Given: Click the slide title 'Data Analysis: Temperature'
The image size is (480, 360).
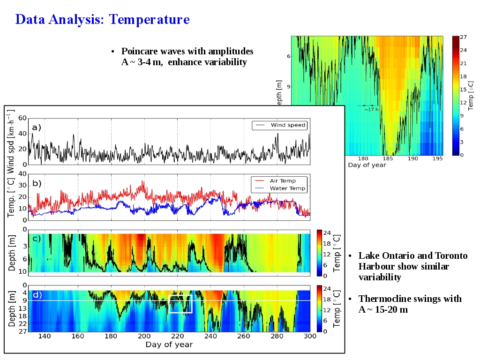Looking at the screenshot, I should pyautogui.click(x=102, y=20).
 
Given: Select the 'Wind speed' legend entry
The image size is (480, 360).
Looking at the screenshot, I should pyautogui.click(x=288, y=125).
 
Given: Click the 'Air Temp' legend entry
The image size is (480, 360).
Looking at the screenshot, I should pyautogui.click(x=282, y=180).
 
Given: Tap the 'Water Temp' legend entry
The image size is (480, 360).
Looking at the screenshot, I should pyautogui.click(x=287, y=188).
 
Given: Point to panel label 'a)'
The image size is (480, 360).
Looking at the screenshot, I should pyautogui.click(x=37, y=127).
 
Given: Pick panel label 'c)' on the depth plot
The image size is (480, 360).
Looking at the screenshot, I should pyautogui.click(x=37, y=238).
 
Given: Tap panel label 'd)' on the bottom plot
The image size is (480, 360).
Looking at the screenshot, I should pyautogui.click(x=37, y=295).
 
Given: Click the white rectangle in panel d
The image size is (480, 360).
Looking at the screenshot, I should pyautogui.click(x=180, y=304).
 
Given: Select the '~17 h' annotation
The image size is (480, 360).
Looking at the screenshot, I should pyautogui.click(x=371, y=109).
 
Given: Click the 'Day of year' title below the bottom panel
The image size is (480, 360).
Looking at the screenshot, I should pyautogui.click(x=169, y=345).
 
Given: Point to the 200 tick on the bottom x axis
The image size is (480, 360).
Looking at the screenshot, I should pyautogui.click(x=144, y=336).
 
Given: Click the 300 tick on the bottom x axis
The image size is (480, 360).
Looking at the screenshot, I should pyautogui.click(x=310, y=336).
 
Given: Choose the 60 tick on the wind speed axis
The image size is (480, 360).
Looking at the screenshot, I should pyautogui.click(x=22, y=119).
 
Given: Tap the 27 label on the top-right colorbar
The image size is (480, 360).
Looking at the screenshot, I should pyautogui.click(x=463, y=37).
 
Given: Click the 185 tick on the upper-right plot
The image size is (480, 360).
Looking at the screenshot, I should pyautogui.click(x=388, y=158).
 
